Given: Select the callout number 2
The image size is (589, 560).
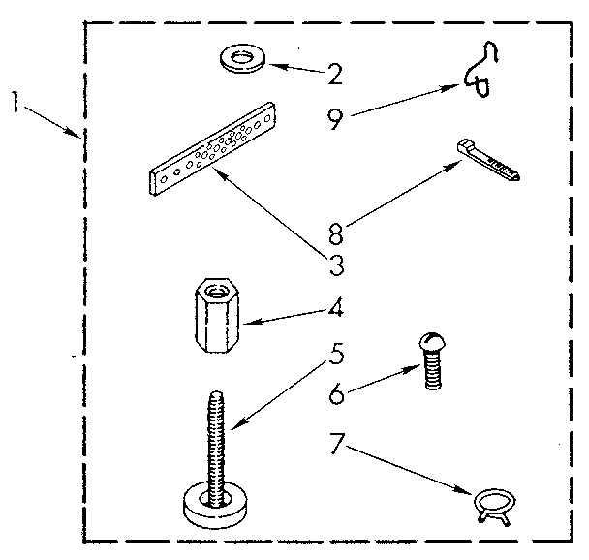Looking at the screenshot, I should pyautogui.click(x=335, y=74).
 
